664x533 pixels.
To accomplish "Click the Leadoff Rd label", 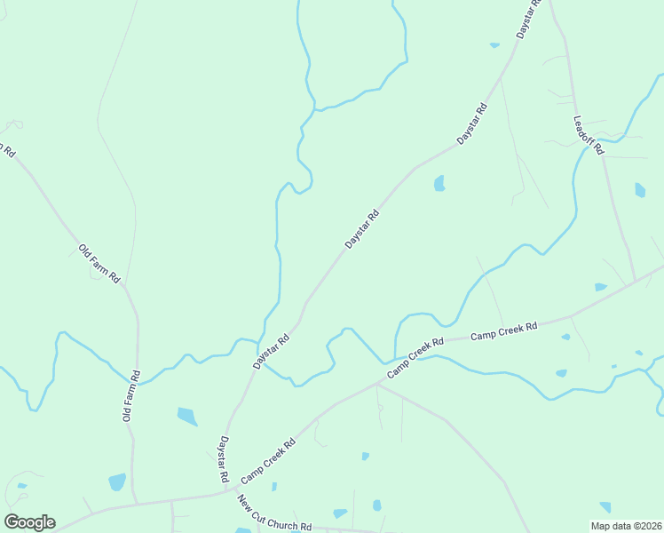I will (x=588, y=136).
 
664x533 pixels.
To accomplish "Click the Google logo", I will (x=29, y=522).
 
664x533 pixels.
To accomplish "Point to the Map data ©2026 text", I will (x=625, y=526).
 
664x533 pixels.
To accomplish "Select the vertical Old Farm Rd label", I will (x=130, y=396).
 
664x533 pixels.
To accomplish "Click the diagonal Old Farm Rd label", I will (x=99, y=264).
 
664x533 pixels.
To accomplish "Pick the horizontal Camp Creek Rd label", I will (x=503, y=333).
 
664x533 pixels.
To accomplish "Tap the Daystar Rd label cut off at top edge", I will (x=528, y=18).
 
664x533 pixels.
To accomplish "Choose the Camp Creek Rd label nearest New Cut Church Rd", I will (x=268, y=460).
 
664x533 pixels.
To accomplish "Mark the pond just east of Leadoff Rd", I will (x=640, y=189).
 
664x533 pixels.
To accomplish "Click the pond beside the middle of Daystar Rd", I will (x=439, y=183).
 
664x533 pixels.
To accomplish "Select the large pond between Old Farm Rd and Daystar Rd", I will (x=187, y=416).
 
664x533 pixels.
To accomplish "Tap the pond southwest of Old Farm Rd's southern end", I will (x=116, y=481).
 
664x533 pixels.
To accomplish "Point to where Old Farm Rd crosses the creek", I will (x=138, y=377).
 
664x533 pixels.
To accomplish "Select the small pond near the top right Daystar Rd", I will (x=494, y=44).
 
